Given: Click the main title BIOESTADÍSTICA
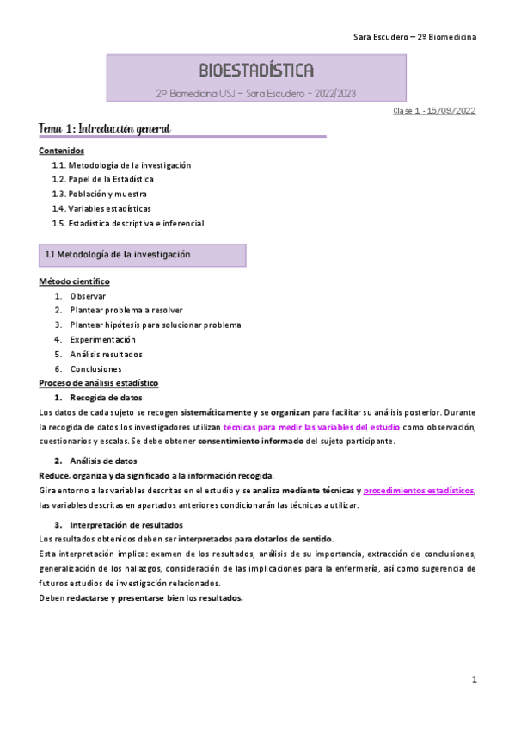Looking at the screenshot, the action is coord(256,70).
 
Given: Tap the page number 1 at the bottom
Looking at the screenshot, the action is coord(475,680).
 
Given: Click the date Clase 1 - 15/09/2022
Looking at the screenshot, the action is coord(434,111).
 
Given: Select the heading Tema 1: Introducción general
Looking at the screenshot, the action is coord(105,128).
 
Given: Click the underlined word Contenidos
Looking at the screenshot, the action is coord(62,151).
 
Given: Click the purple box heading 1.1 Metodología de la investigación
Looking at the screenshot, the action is coord(118,255).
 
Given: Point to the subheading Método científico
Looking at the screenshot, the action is coord(74,281).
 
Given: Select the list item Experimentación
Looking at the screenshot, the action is coord(103,339).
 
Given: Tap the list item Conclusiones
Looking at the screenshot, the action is coord(96,368).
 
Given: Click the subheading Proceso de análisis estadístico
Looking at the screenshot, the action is coord(99,382).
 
